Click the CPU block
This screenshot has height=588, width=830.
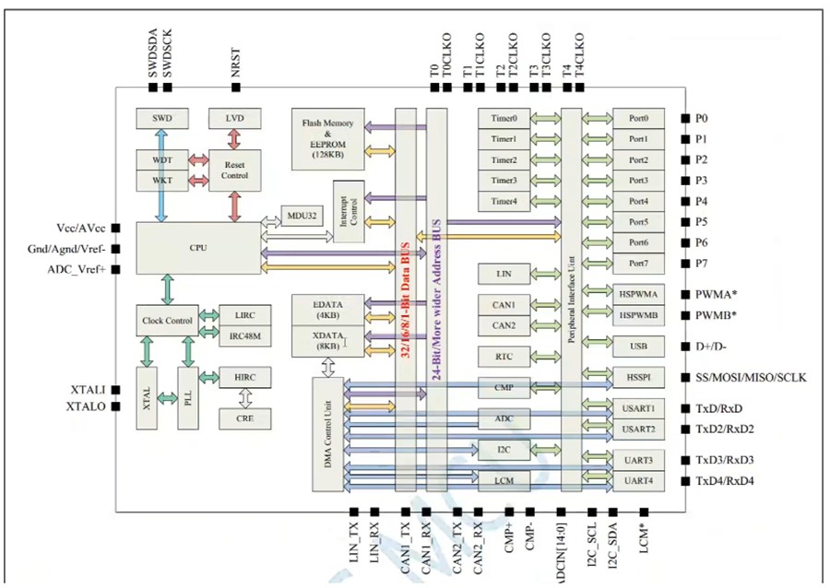pyautogui.click(x=198, y=247)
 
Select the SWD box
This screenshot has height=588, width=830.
pyautogui.click(x=163, y=119)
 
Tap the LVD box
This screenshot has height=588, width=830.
pyautogui.click(x=234, y=119)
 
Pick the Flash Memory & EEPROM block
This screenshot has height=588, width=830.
pyautogui.click(x=327, y=137)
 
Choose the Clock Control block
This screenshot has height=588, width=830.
pyautogui.click(x=166, y=321)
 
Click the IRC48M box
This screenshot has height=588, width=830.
pyautogui.click(x=244, y=336)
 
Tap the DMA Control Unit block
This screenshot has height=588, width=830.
pyautogui.click(x=328, y=433)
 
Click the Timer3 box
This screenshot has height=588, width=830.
pyautogui.click(x=504, y=181)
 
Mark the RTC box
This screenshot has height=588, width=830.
pyautogui.click(x=504, y=357)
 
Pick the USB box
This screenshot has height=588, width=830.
pyautogui.click(x=637, y=347)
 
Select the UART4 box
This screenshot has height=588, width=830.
pyautogui.click(x=637, y=480)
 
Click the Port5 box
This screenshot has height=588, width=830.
pyautogui.click(x=637, y=222)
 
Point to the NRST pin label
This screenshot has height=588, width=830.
pyautogui.click(x=236, y=65)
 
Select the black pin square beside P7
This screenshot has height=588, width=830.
pyautogui.click(x=684, y=264)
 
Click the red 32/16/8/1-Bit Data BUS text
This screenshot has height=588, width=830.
pyautogui.click(x=406, y=295)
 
